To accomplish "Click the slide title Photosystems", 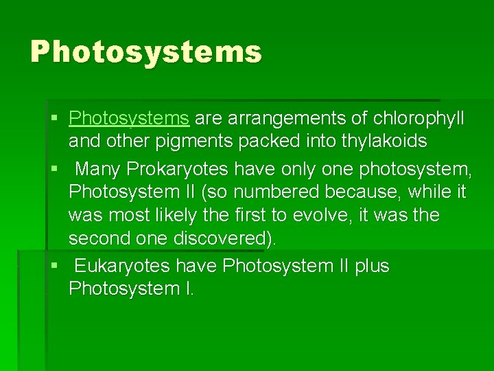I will pos(145,52).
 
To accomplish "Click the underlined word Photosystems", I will pos(129,118).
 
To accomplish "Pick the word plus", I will pos(372,266).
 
